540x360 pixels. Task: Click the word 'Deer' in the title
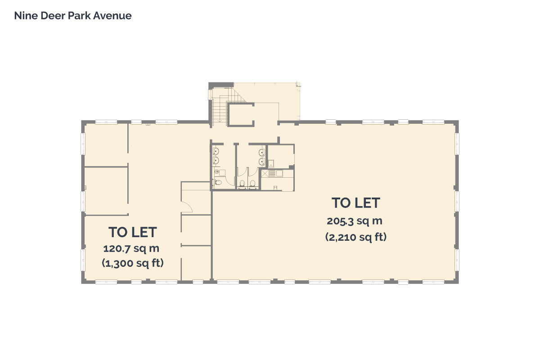[x=53, y=16]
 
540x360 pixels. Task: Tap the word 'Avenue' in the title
[x=112, y=16]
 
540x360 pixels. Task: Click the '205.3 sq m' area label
[x=355, y=221]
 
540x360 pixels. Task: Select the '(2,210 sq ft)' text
[x=356, y=237]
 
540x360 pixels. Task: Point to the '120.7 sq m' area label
[x=131, y=248]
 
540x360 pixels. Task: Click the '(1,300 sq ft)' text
[x=133, y=263]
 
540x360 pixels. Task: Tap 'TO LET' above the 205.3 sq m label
[x=356, y=203]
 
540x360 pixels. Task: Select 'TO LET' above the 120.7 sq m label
[x=133, y=232]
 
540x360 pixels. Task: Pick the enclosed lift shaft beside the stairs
[x=241, y=115]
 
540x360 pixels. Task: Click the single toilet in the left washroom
[x=218, y=182]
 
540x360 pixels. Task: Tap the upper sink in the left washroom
[x=216, y=152]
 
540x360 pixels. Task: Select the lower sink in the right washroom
[x=261, y=161]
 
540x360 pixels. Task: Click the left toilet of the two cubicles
[x=242, y=184]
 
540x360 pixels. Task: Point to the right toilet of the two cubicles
[x=252, y=184]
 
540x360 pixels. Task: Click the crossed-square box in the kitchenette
[x=265, y=174]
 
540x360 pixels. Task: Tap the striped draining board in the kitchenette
[x=273, y=174]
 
